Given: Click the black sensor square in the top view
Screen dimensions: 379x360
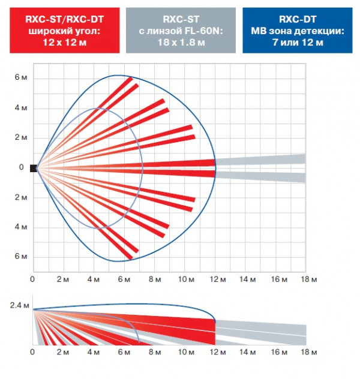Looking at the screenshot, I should pyautogui.click(x=34, y=168).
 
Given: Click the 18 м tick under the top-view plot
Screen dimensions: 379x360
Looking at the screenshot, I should pyautogui.click(x=308, y=279).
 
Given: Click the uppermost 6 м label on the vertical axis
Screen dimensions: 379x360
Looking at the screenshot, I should pyautogui.click(x=20, y=79).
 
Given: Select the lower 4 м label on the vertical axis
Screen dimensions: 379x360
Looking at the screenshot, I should pyautogui.click(x=20, y=227).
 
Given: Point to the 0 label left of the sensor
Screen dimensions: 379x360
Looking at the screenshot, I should pyautogui.click(x=21, y=168).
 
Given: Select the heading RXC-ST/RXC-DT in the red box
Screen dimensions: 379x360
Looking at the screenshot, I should pyautogui.click(x=60, y=19).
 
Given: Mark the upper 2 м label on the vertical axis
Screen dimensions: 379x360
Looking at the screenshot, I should pyautogui.click(x=20, y=138).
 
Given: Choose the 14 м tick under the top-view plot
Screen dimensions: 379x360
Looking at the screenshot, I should pyautogui.click(x=247, y=279).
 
